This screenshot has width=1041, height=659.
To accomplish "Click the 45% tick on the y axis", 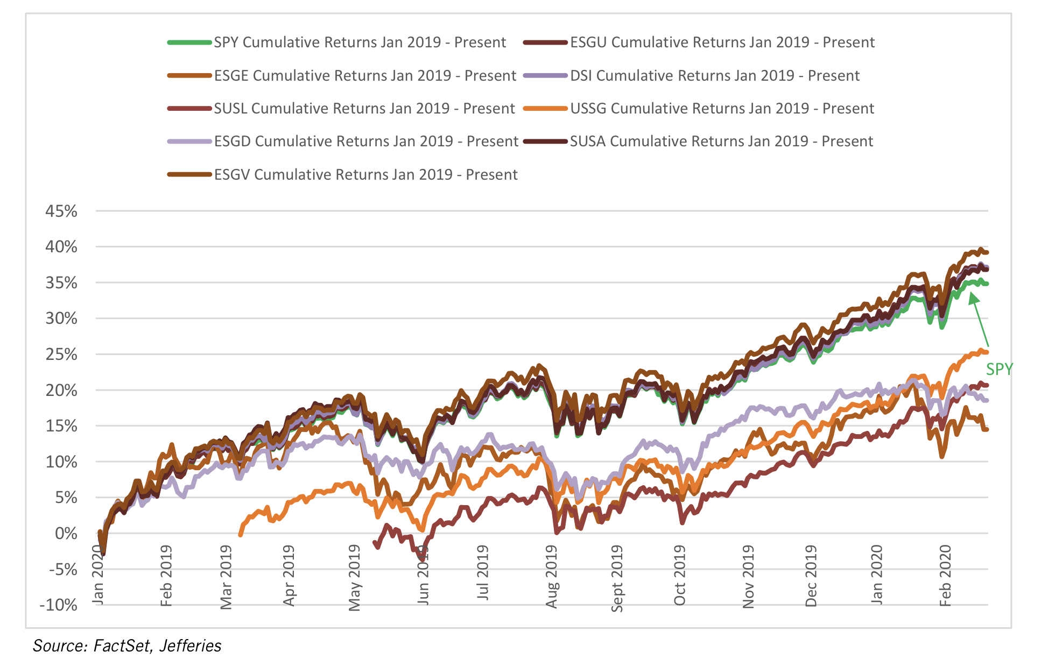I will point(61,211).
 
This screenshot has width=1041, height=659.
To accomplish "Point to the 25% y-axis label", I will point(61,355).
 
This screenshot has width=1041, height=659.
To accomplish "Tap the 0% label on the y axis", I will point(66,534).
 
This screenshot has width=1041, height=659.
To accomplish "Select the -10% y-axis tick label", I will point(58,605).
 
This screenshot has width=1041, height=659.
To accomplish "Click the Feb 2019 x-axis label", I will point(166,576).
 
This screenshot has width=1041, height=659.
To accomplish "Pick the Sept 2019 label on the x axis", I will point(617,579).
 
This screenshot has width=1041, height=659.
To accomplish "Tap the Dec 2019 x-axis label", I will point(811,576).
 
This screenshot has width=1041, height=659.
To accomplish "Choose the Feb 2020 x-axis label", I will point(945,576).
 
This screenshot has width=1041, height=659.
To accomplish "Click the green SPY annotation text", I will point(999,370).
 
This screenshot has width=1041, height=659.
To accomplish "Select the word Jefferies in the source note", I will point(191,646).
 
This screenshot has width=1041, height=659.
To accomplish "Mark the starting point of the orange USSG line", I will point(240,535).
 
